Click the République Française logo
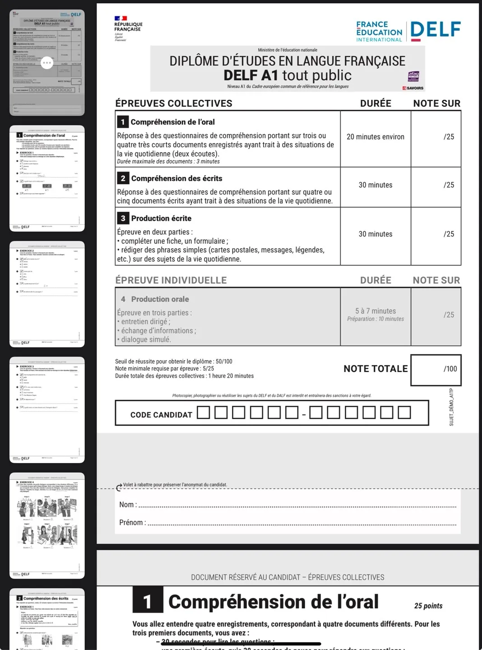point(127,28)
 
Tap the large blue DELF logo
point(435,30)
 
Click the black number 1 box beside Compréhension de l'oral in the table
point(122,122)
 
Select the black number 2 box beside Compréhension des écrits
point(123,178)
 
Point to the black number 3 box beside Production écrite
point(123,218)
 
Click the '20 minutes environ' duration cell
point(375,137)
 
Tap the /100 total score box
point(436,370)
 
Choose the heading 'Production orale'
point(160,299)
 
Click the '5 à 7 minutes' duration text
point(375,311)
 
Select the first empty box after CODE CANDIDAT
point(204,413)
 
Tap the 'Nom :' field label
point(128,505)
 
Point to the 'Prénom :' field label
point(132,523)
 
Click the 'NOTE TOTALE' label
point(375,369)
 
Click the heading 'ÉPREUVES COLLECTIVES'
point(174,103)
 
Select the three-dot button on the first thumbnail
point(47,63)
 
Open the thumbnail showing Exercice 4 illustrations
point(47,525)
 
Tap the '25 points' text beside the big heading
point(428,606)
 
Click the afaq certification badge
point(413,76)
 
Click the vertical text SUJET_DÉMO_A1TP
point(451,407)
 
